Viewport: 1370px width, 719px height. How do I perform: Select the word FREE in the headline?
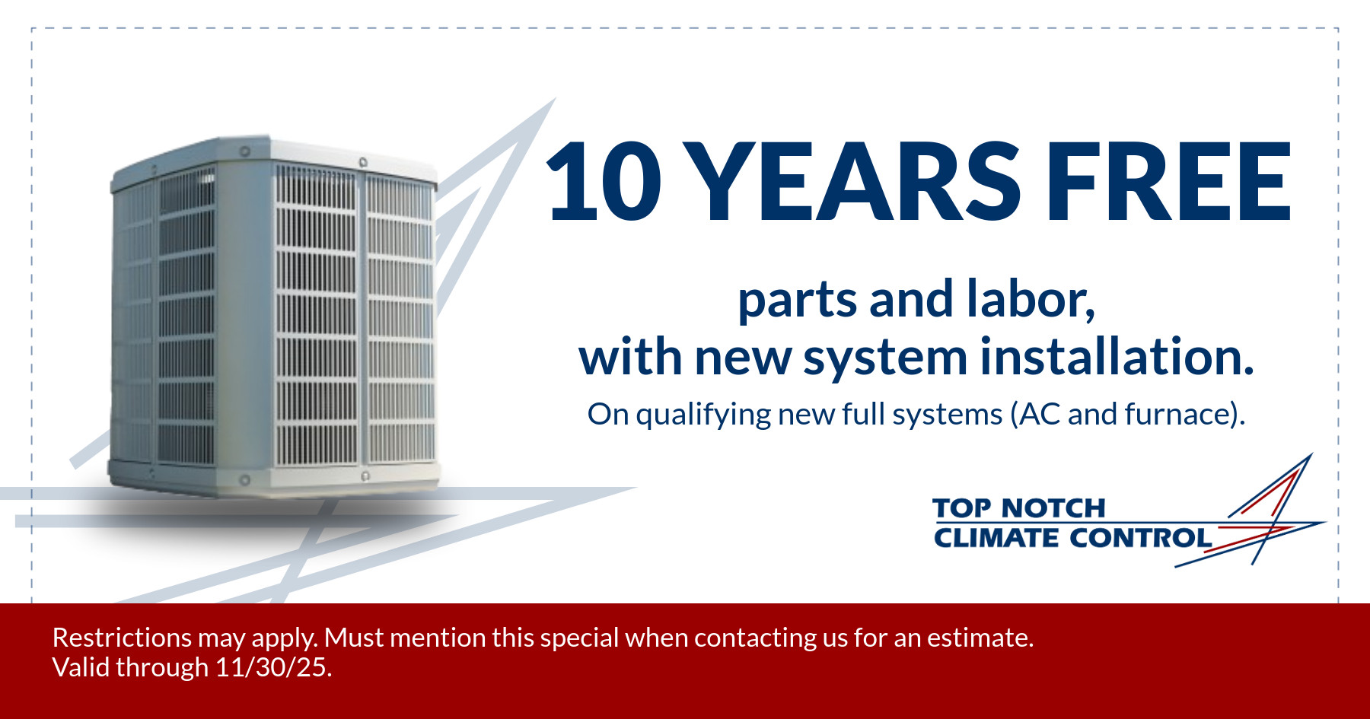point(1169,182)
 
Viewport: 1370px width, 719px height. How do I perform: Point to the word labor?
point(1031,300)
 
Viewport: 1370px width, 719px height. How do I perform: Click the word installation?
point(1117,356)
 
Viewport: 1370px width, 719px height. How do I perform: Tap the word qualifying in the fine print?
point(703,415)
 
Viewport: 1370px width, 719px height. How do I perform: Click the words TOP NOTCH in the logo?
point(1018,507)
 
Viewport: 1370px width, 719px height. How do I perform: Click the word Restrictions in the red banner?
point(122,638)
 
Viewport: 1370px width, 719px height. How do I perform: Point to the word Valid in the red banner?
point(80,667)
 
